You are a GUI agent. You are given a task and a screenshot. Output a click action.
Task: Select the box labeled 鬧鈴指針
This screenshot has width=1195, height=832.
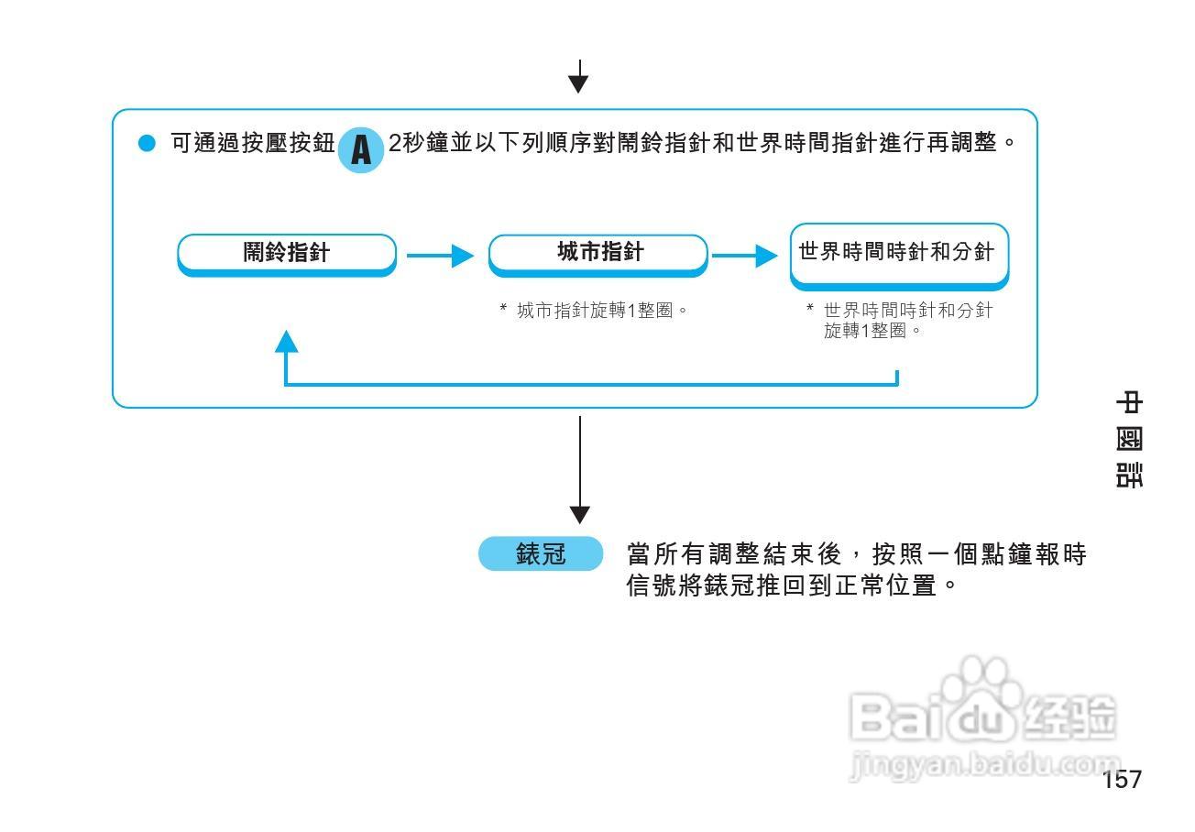[x=286, y=253]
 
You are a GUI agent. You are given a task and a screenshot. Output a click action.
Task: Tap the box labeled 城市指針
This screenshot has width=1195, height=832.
[x=598, y=253]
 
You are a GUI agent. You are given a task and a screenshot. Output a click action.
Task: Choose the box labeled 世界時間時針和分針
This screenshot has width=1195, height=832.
[x=898, y=254]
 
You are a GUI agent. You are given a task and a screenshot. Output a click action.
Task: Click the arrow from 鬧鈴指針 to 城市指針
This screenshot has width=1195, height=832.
[x=441, y=256]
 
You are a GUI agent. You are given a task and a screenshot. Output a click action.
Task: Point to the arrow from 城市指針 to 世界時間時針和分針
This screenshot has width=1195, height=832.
[x=745, y=256]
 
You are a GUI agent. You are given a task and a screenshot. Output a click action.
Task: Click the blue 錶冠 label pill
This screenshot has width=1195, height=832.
[x=541, y=555]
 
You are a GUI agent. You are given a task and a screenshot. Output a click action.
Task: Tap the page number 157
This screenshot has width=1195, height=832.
[x=1122, y=780]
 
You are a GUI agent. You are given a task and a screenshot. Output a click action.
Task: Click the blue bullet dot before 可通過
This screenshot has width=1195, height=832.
[x=148, y=145]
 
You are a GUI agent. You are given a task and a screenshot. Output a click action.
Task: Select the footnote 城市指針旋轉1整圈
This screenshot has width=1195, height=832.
[x=601, y=311]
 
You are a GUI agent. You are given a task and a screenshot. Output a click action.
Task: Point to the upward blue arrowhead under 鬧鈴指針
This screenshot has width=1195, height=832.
[x=287, y=342]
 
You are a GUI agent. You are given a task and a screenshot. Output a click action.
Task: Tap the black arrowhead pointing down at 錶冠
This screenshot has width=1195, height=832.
[x=579, y=514]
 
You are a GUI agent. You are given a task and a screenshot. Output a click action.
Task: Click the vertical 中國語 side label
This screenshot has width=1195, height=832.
[x=1129, y=440]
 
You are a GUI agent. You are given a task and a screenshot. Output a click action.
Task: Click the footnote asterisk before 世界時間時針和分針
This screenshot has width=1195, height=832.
[x=810, y=311]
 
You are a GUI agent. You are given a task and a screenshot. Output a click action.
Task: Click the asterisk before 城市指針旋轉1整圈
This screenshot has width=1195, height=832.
[x=503, y=311]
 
